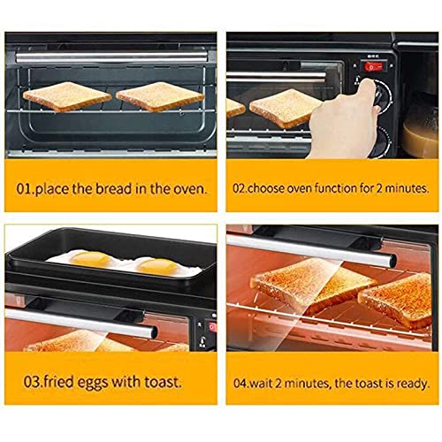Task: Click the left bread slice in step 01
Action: click(x=66, y=96)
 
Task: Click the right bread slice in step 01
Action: click(x=159, y=95)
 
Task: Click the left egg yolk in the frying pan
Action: click(x=93, y=259)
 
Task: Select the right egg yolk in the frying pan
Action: click(x=157, y=265)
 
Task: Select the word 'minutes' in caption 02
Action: click(x=403, y=188)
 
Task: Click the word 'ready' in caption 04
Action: click(x=414, y=383)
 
